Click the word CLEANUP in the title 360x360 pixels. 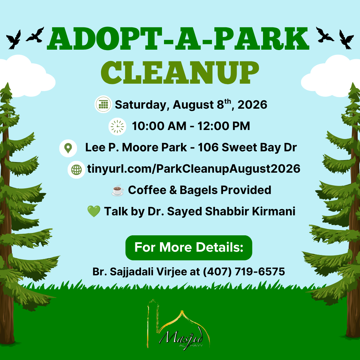point(180,73)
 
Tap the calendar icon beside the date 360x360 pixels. point(103,104)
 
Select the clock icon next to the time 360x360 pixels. point(117,126)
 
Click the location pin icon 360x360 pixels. point(68,148)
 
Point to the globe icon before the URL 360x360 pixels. point(76,170)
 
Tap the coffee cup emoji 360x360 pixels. point(117,190)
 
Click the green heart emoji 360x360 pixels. point(94,211)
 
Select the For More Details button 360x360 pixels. point(189,248)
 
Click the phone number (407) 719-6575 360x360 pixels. point(244,272)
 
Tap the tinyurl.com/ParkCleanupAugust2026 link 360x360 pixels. point(194,169)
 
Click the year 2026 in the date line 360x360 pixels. point(252,105)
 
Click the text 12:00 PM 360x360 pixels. point(224,126)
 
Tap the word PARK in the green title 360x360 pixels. point(261,39)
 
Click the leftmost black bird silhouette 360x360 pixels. point(14,39)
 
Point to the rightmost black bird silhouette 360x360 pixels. point(346,39)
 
